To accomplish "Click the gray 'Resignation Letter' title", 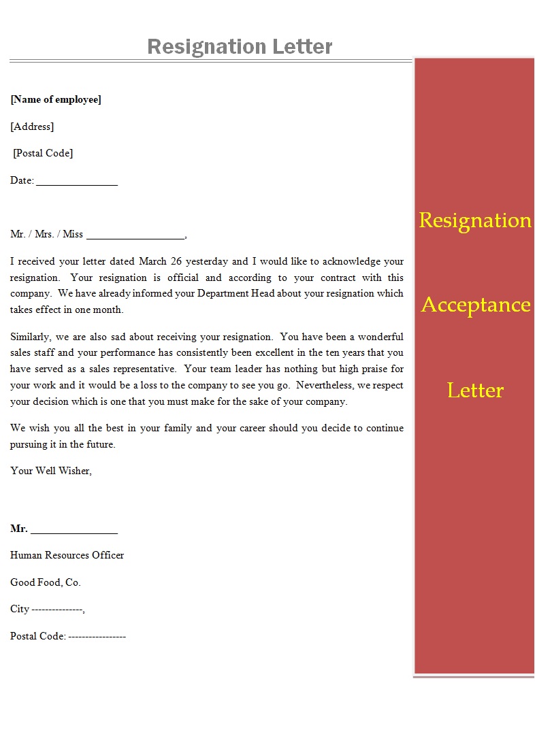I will click(240, 46).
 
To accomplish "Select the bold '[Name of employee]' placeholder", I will click(56, 99).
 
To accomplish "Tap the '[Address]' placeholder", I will click(32, 127).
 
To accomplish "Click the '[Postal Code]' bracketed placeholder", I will click(43, 153).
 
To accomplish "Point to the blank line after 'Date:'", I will click(77, 182).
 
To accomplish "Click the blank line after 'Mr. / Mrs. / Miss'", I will click(135, 235).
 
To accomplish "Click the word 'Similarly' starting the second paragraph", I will click(29, 337).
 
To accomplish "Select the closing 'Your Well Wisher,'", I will click(51, 471).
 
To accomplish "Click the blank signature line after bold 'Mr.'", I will click(74, 530).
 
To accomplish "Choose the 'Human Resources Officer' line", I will click(67, 555).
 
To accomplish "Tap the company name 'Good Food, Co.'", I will click(46, 582).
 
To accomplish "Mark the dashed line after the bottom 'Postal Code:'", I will click(97, 637).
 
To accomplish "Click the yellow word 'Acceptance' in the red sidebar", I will click(475, 305).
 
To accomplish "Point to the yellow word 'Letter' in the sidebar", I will click(475, 390).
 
